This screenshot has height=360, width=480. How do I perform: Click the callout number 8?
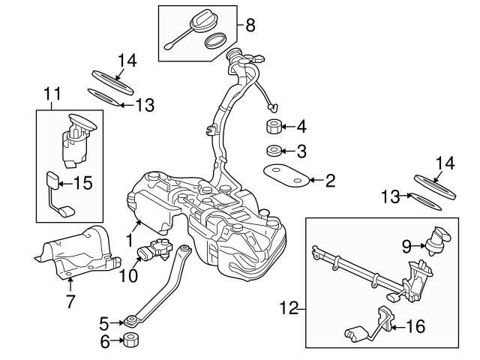pyautogui.click(x=250, y=25)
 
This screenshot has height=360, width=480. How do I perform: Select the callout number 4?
pyautogui.click(x=301, y=125)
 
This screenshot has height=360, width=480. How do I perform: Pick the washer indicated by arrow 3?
pyautogui.click(x=273, y=151)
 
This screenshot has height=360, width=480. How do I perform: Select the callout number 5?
pyautogui.click(x=104, y=323)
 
